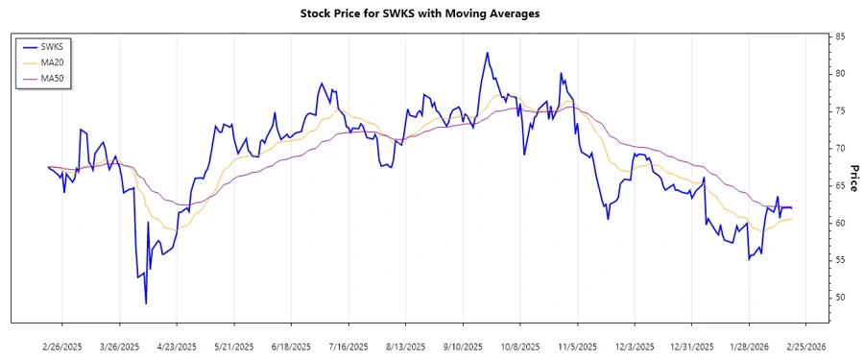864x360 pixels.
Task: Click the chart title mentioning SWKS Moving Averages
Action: click(433, 13)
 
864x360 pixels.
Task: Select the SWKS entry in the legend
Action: click(52, 46)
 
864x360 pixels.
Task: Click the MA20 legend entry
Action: click(52, 62)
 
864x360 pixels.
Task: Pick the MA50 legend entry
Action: click(52, 78)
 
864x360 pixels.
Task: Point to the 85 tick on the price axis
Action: click(840, 36)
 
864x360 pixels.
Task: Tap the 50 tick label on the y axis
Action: click(840, 298)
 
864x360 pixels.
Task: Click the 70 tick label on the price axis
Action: click(840, 149)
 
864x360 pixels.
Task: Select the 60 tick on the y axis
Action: click(840, 223)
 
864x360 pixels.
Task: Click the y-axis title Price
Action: click(853, 179)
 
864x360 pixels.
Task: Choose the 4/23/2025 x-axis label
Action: click(176, 347)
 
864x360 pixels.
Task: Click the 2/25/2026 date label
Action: click(804, 347)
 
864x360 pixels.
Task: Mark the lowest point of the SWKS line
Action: click(146, 303)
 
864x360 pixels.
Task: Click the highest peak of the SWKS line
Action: click(487, 53)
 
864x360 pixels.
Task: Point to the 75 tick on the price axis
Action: click(840, 111)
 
